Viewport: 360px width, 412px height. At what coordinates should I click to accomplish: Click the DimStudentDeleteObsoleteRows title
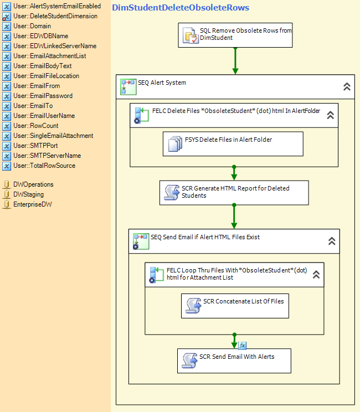tap(181, 8)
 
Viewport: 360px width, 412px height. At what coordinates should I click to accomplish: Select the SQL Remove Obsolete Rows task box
tap(235, 35)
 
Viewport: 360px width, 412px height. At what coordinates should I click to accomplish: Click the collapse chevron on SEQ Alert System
tap(347, 86)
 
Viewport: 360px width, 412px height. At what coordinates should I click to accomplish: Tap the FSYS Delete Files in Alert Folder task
tap(233, 144)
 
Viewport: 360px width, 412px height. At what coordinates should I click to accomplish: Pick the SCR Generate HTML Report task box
tap(234, 193)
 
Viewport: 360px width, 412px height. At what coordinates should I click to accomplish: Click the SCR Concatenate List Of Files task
tap(235, 306)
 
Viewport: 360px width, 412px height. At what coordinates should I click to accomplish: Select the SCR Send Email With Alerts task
tap(234, 360)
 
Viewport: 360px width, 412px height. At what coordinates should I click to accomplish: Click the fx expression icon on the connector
tap(242, 345)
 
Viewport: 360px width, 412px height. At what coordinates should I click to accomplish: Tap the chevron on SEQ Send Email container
tap(332, 241)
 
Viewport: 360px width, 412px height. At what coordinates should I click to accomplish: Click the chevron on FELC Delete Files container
tap(330, 115)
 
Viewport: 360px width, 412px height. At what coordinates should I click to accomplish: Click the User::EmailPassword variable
tap(38, 96)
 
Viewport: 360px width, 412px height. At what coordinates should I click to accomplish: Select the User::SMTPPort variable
tap(30, 146)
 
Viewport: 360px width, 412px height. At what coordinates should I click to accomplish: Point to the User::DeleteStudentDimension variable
tap(50, 16)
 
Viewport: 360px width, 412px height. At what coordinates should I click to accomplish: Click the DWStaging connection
tap(23, 194)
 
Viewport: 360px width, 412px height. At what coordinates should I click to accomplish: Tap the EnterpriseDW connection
tap(27, 204)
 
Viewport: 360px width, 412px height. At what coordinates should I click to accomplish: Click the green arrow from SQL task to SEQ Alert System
tap(235, 61)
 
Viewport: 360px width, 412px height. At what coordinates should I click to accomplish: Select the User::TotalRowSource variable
tap(39, 166)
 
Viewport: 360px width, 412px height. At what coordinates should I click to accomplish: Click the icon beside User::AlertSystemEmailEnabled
tap(7, 7)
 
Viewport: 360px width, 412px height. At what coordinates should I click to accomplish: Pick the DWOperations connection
tap(28, 184)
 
